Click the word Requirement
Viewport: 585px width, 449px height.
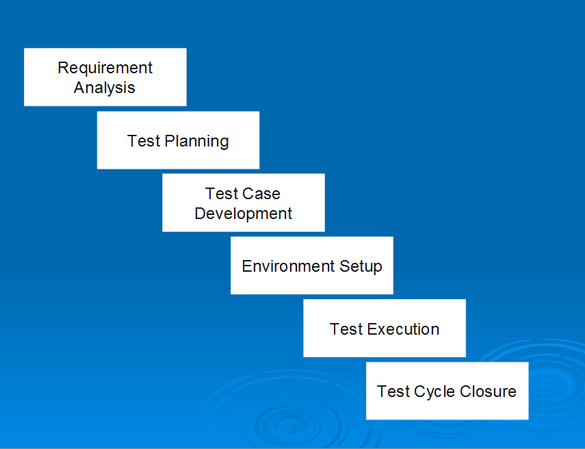pyautogui.click(x=105, y=68)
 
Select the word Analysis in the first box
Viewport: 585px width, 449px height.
pyautogui.click(x=105, y=88)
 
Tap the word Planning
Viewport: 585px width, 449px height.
pyautogui.click(x=196, y=142)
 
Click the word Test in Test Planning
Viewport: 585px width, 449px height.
pyautogui.click(x=144, y=141)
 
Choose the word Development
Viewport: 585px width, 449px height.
pyautogui.click(x=244, y=214)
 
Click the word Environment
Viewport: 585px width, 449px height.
pyautogui.click(x=288, y=266)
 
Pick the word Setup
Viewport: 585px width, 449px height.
pyautogui.click(x=361, y=267)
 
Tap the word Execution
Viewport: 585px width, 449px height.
pyautogui.click(x=403, y=329)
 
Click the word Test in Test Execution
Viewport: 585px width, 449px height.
pyautogui.click(x=346, y=329)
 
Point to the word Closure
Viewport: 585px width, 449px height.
pyautogui.click(x=488, y=392)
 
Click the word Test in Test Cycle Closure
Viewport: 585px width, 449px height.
pyautogui.click(x=393, y=392)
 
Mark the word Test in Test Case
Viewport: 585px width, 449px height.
pyautogui.click(x=222, y=194)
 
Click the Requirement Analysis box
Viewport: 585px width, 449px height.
pyautogui.click(x=105, y=77)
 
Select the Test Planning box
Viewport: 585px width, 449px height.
pyautogui.click(x=179, y=140)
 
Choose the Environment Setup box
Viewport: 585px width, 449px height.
pyautogui.click(x=312, y=266)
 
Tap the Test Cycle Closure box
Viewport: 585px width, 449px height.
pyautogui.click(x=447, y=391)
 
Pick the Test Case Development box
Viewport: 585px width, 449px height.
pyautogui.click(x=244, y=203)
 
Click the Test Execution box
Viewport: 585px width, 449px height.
pyautogui.click(x=385, y=328)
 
